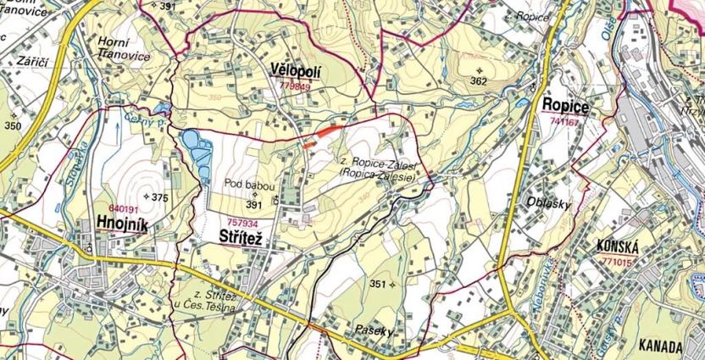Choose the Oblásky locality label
(x=552, y=204)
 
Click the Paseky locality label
(x=374, y=331)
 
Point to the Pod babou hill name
(x=247, y=183)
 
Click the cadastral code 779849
(x=294, y=86)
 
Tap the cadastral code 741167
(x=565, y=122)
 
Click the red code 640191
(x=124, y=208)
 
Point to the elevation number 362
(x=479, y=81)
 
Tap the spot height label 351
(x=378, y=284)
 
